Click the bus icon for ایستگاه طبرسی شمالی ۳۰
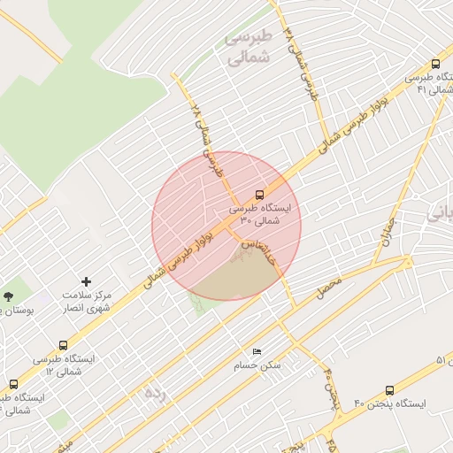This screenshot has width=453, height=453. pyautogui.click(x=259, y=194)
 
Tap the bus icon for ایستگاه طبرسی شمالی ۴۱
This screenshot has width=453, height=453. pyautogui.click(x=435, y=64)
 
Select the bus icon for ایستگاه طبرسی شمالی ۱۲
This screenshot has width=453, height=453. pyautogui.click(x=63, y=345)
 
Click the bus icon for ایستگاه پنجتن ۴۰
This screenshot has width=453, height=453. pyautogui.click(x=390, y=390)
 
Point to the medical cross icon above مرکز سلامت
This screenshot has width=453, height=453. pyautogui.click(x=86, y=280)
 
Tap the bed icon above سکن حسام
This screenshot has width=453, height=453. pyautogui.click(x=257, y=352)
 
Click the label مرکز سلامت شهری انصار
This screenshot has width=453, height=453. pyautogui.click(x=87, y=300)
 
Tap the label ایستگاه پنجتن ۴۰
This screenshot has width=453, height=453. pyautogui.click(x=390, y=403)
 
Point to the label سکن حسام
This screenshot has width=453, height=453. pyautogui.click(x=257, y=365)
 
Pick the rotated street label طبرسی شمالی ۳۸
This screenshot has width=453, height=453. pyautogui.click(x=301, y=62)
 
